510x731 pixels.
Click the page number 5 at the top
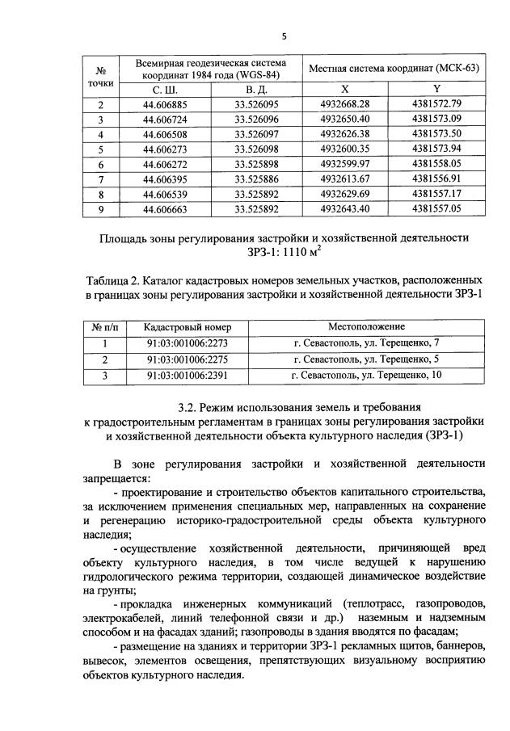click(x=284, y=36)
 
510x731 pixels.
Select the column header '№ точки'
click(x=101, y=75)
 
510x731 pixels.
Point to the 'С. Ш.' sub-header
click(x=165, y=90)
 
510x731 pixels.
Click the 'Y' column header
click(x=436, y=90)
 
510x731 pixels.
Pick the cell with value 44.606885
click(x=165, y=105)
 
